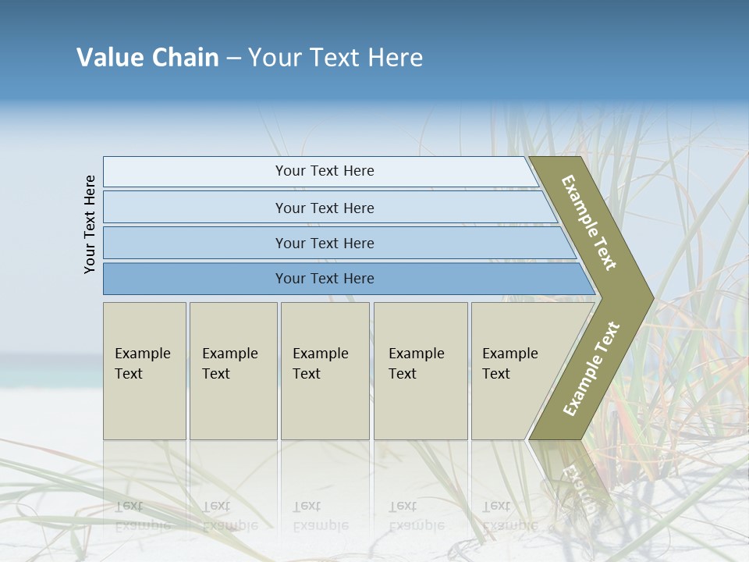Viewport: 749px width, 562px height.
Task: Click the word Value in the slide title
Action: [x=108, y=58]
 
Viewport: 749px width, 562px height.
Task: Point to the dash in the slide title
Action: [x=233, y=59]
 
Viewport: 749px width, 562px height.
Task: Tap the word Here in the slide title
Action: [x=395, y=58]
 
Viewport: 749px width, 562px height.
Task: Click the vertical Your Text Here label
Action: [x=90, y=224]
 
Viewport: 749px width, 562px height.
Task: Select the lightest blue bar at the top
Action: [x=320, y=171]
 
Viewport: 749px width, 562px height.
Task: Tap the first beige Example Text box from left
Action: [x=144, y=371]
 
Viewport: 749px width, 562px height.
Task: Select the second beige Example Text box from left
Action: [x=233, y=371]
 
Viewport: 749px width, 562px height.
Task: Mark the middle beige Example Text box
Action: [x=325, y=371]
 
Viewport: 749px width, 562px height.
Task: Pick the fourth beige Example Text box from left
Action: [x=421, y=371]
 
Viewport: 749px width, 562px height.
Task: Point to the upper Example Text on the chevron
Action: [x=589, y=222]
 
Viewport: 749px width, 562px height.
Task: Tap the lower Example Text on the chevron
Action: [x=591, y=368]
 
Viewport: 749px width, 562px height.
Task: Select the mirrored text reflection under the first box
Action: [x=142, y=515]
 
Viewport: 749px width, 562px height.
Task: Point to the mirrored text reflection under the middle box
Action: [x=320, y=516]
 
